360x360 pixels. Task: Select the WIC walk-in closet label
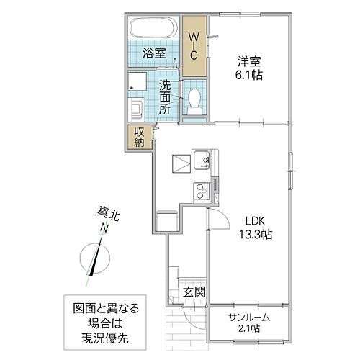[x=193, y=45]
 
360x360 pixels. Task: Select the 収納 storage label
[x=139, y=137]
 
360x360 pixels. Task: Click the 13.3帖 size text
[x=246, y=235]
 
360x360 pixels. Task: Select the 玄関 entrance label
[x=192, y=292]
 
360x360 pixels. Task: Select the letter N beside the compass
[x=105, y=228]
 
